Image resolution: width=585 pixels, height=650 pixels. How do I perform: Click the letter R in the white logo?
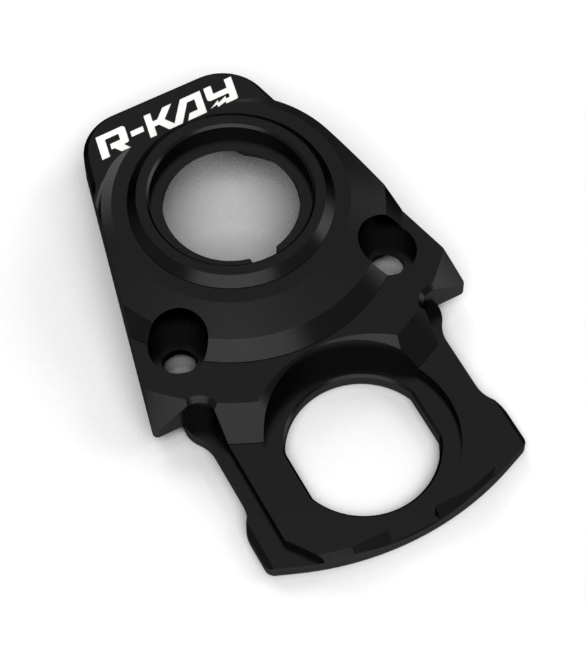[112, 146]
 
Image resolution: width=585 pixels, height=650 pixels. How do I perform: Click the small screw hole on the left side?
[179, 363]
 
